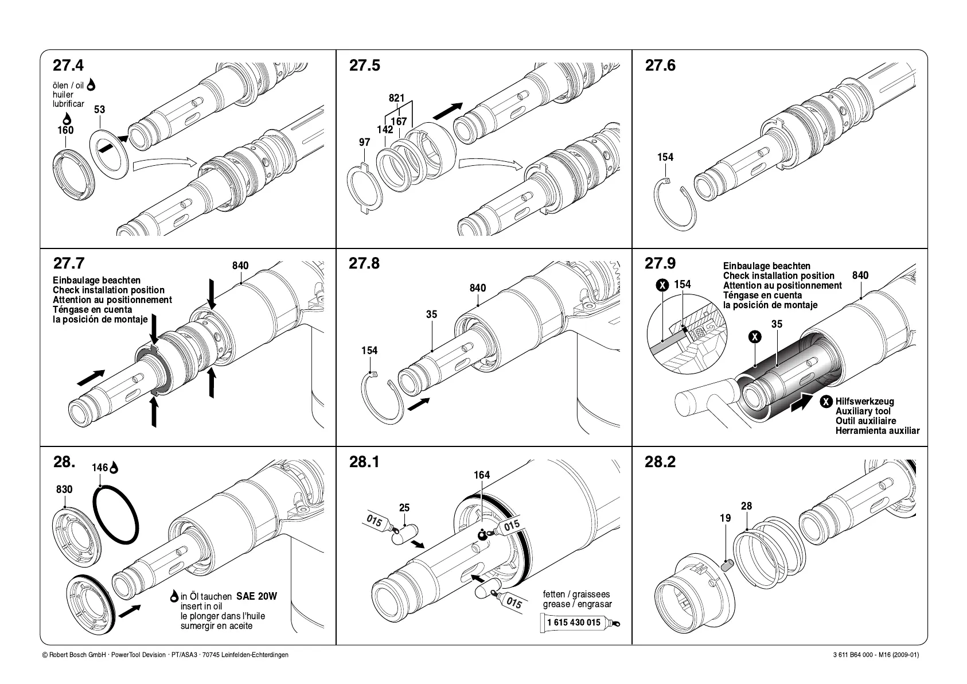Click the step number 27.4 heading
pos(68,65)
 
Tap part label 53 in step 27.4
pos(99,110)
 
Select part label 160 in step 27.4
pos(65,130)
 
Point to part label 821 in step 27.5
pos(396,98)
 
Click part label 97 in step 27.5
pos(364,142)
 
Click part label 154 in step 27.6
pos(665,157)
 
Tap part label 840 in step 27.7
pos(240,266)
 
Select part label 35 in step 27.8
pos(431,314)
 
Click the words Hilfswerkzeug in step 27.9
pos(864,402)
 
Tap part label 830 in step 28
pos(64,489)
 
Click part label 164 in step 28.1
pos(482,475)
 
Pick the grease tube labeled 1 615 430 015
pos(580,623)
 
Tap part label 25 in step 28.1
pos(404,508)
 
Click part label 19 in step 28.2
pos(725,518)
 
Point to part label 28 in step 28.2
pos(746,506)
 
